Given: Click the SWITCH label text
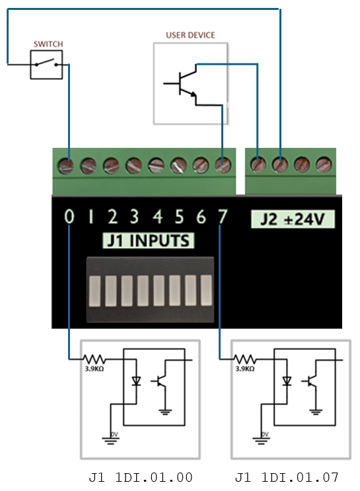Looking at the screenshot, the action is tap(48, 44).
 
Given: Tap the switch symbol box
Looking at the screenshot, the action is tap(46, 51).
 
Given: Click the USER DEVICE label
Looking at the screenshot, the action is tap(190, 35).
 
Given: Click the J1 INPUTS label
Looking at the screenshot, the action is tap(148, 240).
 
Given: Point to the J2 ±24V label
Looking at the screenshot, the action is tap(293, 219).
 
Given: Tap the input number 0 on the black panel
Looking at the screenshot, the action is tap(69, 216).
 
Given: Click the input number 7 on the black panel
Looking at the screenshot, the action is tap(223, 216).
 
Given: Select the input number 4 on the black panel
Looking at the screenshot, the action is tap(158, 216).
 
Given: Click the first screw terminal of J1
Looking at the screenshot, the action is tap(66, 165).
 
